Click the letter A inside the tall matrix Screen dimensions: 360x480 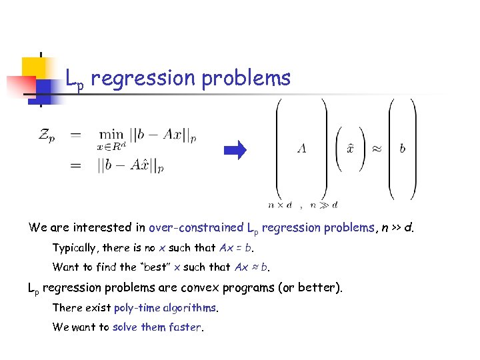point(301,149)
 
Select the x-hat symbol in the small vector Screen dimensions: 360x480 point(350,148)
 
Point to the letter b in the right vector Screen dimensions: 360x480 point(402,149)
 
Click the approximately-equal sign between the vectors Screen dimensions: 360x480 point(377,149)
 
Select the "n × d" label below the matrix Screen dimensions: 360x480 point(280,205)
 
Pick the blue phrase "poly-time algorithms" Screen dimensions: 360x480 point(165,307)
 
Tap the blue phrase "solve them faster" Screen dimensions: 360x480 point(157,327)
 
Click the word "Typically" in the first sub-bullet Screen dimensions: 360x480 point(76,248)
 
